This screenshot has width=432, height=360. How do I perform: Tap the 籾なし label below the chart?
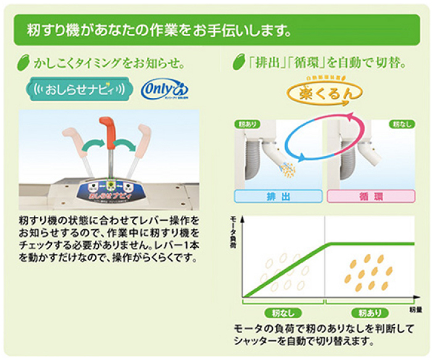[x=280, y=312]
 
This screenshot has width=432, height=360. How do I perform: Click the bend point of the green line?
[x=329, y=245]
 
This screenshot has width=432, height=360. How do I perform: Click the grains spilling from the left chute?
[x=287, y=168]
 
